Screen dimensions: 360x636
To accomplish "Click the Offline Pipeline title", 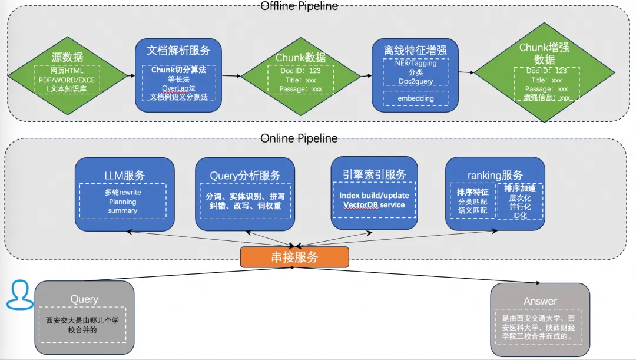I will pos(299,6).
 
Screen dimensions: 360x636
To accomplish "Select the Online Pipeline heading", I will pos(299,138).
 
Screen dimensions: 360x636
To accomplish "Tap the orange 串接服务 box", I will pos(294,257).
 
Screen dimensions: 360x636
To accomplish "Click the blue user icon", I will pos(20,295).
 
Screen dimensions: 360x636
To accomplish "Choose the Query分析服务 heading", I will pos(245,175).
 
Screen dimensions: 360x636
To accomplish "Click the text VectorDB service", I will pos(374,205).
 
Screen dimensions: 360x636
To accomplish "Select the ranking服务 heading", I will pos(495,175).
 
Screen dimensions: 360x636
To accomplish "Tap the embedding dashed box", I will pos(416,98).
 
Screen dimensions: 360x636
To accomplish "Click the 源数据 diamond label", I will pos(67,57).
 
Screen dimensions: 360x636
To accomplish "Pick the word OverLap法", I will pos(178,88).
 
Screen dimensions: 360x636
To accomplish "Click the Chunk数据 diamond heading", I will pos(300,57).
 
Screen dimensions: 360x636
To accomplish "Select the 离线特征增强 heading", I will pos(416,51).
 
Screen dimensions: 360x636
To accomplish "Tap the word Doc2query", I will pos(416,81).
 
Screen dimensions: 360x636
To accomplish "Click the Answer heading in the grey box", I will pos(539,301).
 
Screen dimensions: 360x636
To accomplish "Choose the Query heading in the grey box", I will pos(84,299).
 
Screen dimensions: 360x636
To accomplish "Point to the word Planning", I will pos(122,202).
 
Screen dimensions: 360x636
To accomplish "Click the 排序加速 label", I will pos(519,189).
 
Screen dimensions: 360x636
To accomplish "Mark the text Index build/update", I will pos(374,195).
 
